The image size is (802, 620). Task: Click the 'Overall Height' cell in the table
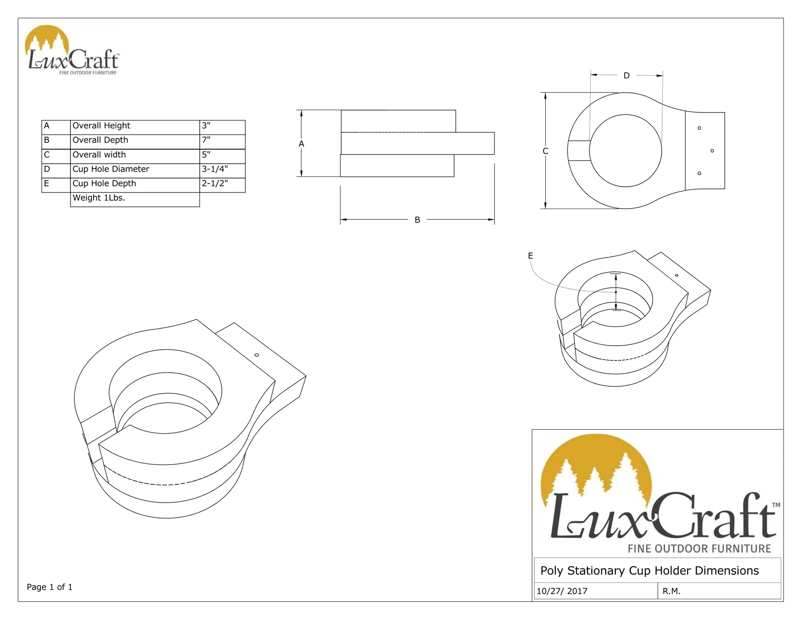point(101,126)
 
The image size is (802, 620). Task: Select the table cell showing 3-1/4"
point(215,169)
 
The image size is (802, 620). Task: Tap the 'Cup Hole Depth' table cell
point(104,183)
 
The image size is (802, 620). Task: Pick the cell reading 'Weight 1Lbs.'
point(99,198)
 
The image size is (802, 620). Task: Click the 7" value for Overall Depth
point(206,140)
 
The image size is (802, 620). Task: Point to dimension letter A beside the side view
point(301,144)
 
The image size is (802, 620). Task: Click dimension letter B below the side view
point(417,220)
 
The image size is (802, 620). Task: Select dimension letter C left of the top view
point(545,151)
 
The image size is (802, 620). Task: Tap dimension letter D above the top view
point(626,76)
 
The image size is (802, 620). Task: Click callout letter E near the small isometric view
point(530,256)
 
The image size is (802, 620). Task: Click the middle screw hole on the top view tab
point(712,151)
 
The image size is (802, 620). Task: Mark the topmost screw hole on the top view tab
point(699,128)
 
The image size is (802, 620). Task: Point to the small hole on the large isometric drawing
point(257,355)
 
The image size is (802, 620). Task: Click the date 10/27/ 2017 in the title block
point(562,591)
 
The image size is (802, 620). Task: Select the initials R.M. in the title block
point(671,591)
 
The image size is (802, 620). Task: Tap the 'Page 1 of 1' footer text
point(49,587)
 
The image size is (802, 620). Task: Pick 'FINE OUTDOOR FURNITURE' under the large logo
point(699,549)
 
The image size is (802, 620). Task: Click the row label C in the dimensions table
point(47,155)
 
